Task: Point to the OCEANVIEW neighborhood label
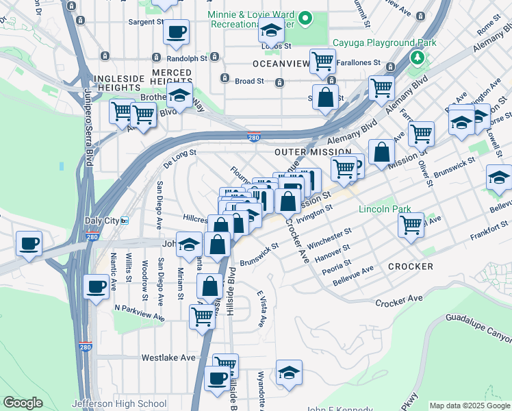pos(279,63)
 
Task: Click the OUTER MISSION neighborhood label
pos(305,151)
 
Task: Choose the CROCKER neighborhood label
pos(410,266)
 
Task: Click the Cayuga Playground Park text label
pos(384,42)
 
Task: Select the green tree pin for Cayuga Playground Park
pos(415,56)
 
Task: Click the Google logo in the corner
pos(23,403)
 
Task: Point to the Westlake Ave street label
pos(168,358)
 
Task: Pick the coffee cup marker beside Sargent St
pos(177,31)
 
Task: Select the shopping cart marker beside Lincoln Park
pos(411,224)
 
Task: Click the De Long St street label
pos(180,158)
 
